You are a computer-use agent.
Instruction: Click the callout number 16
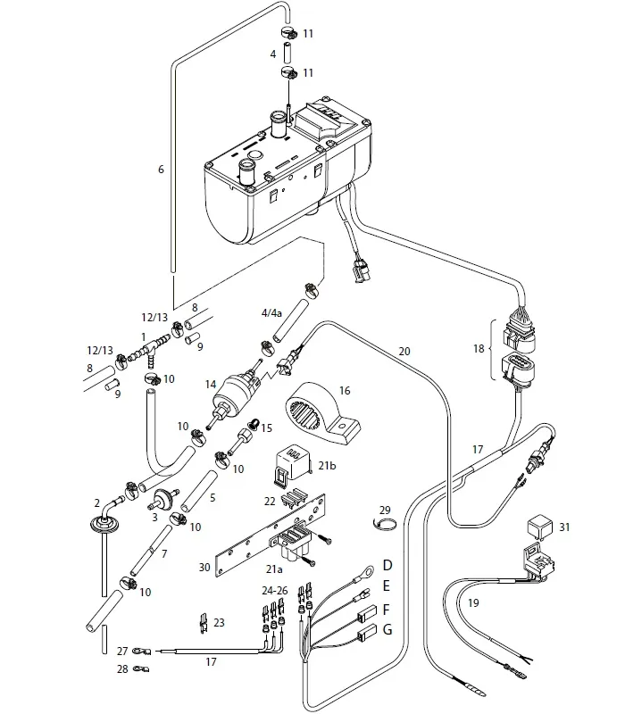pyautogui.click(x=345, y=390)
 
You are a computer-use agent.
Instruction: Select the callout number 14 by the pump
pyautogui.click(x=212, y=385)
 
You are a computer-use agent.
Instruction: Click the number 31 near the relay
pyautogui.click(x=564, y=527)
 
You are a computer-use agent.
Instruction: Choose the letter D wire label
pyautogui.click(x=387, y=565)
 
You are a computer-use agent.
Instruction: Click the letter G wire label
pyautogui.click(x=387, y=630)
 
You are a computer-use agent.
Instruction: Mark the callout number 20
pyautogui.click(x=404, y=352)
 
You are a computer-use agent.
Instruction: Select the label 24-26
pyautogui.click(x=275, y=590)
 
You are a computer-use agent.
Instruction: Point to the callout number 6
pyautogui.click(x=161, y=170)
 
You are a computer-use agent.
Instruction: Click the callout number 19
pyautogui.click(x=473, y=603)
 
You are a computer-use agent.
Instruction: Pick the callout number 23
pyautogui.click(x=220, y=623)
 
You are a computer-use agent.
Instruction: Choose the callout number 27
pyautogui.click(x=122, y=652)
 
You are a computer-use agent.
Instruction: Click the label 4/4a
pyautogui.click(x=271, y=313)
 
